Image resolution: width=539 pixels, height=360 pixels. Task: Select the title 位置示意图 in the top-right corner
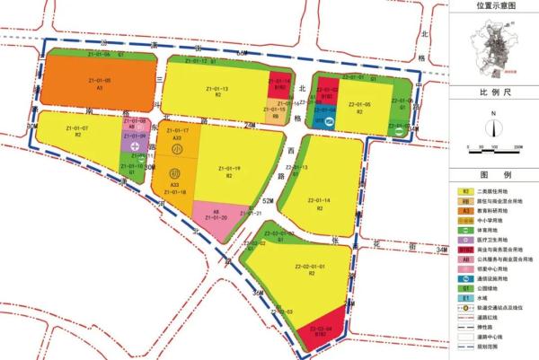coord(496,6)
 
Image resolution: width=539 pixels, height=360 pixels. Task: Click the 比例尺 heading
coord(495,92)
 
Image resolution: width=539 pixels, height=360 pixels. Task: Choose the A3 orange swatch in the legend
coord(466,210)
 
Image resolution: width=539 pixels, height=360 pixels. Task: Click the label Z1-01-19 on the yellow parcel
coord(230,168)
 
